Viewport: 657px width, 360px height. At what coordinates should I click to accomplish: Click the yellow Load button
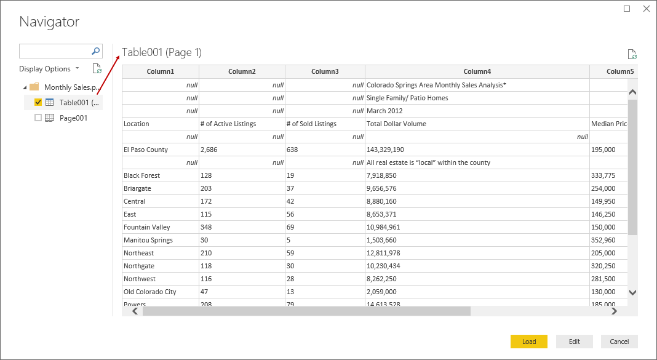(528, 342)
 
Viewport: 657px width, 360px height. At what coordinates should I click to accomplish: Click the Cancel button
(619, 342)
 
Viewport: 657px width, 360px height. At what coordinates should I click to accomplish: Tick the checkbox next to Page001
(38, 118)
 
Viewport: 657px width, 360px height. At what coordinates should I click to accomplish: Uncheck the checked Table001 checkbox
(38, 102)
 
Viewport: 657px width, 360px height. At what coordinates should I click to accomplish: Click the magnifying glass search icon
(96, 51)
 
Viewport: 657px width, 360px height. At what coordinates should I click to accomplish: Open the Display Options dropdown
(49, 69)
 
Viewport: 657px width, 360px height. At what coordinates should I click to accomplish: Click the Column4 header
(477, 71)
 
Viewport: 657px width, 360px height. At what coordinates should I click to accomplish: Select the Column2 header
(242, 71)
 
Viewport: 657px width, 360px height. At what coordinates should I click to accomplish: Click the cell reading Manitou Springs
(148, 240)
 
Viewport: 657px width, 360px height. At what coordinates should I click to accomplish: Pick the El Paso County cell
(146, 150)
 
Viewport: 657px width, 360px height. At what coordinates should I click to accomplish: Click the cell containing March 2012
(384, 111)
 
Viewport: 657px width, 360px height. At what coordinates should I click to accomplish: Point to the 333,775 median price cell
(603, 175)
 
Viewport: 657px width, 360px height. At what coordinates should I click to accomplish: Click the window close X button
(646, 9)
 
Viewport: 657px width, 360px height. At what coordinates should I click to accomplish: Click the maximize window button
(627, 9)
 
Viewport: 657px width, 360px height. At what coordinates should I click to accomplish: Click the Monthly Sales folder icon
(34, 87)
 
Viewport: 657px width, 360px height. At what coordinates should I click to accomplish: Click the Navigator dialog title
(49, 22)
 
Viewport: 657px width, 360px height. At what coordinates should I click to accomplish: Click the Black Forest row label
(141, 175)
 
